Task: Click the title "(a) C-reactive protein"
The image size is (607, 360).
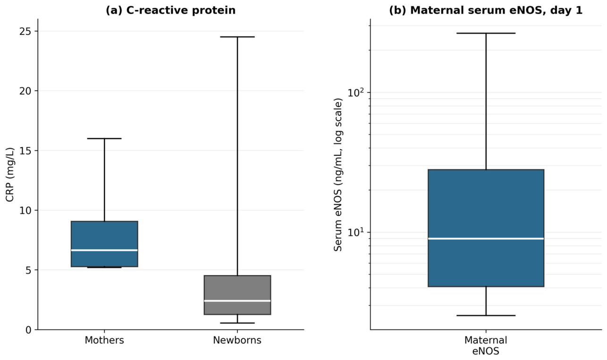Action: (170, 10)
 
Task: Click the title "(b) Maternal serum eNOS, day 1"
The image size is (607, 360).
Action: (486, 10)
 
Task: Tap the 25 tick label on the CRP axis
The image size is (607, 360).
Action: (25, 31)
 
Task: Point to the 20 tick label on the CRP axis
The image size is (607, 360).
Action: (25, 91)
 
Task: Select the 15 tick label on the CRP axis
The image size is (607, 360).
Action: (25, 151)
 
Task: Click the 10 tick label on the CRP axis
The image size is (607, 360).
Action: (25, 210)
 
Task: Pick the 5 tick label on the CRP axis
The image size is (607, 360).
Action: (28, 270)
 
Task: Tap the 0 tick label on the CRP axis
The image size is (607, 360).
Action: (28, 330)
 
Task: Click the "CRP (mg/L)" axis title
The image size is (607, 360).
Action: (10, 175)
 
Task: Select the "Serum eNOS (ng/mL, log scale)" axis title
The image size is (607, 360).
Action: (337, 175)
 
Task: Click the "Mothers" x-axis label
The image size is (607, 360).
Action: (104, 340)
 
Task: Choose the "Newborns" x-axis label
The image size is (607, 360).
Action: (237, 340)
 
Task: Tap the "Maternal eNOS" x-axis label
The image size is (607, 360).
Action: (486, 345)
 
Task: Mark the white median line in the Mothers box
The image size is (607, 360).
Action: (104, 250)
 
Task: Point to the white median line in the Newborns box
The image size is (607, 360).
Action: (237, 301)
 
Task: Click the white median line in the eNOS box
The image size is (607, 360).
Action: (486, 239)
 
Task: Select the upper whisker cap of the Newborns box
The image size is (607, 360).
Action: (237, 37)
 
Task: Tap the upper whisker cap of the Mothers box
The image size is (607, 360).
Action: (104, 138)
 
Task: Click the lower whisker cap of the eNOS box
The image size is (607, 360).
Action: (486, 315)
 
